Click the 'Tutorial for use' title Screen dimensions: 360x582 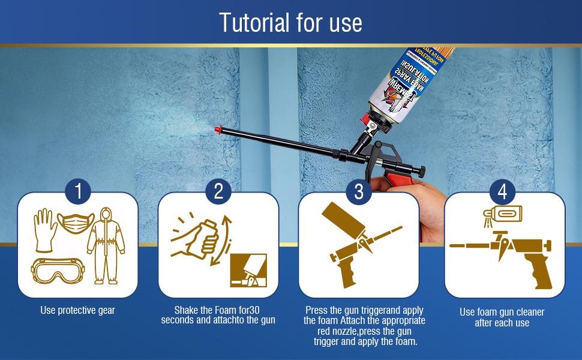(x=290, y=23)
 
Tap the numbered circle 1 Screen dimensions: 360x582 (x=78, y=192)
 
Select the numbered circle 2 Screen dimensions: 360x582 (x=218, y=192)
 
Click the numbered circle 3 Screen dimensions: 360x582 (x=359, y=192)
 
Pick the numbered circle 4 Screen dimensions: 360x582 (x=502, y=192)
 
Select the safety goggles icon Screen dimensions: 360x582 (x=57, y=271)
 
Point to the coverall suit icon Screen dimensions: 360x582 (x=106, y=246)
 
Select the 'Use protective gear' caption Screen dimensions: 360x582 (x=77, y=310)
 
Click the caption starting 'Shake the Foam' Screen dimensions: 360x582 (x=218, y=315)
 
